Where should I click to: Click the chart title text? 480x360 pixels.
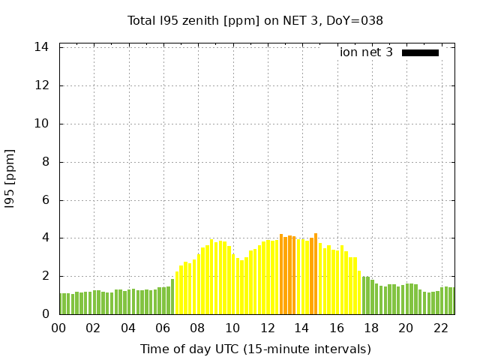tap(255, 21)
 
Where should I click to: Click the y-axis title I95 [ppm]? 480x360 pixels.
tap(10, 178)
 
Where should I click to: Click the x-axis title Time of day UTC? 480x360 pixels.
tap(255, 349)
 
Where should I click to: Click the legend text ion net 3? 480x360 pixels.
tap(366, 52)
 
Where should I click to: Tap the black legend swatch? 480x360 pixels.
tap(420, 52)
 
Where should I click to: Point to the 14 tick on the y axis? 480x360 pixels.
tap(42, 47)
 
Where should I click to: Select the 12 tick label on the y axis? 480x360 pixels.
tap(42, 85)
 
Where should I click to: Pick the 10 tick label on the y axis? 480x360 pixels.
tap(42, 124)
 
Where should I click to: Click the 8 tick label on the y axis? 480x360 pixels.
tap(45, 162)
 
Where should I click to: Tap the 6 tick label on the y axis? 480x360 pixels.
tap(45, 200)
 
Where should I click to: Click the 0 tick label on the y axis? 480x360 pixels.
tap(45, 314)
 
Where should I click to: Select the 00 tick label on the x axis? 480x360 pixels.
tap(59, 328)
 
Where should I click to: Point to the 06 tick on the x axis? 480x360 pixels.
tap(163, 328)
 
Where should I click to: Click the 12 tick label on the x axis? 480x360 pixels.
tap(268, 328)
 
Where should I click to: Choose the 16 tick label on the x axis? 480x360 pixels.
tap(337, 328)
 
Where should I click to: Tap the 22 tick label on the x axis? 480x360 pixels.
tap(441, 328)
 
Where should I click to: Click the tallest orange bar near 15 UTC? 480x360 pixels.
tap(316, 274)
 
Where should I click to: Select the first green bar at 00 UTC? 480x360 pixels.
tap(61, 304)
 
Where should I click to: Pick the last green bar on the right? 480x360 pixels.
tap(452, 301)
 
